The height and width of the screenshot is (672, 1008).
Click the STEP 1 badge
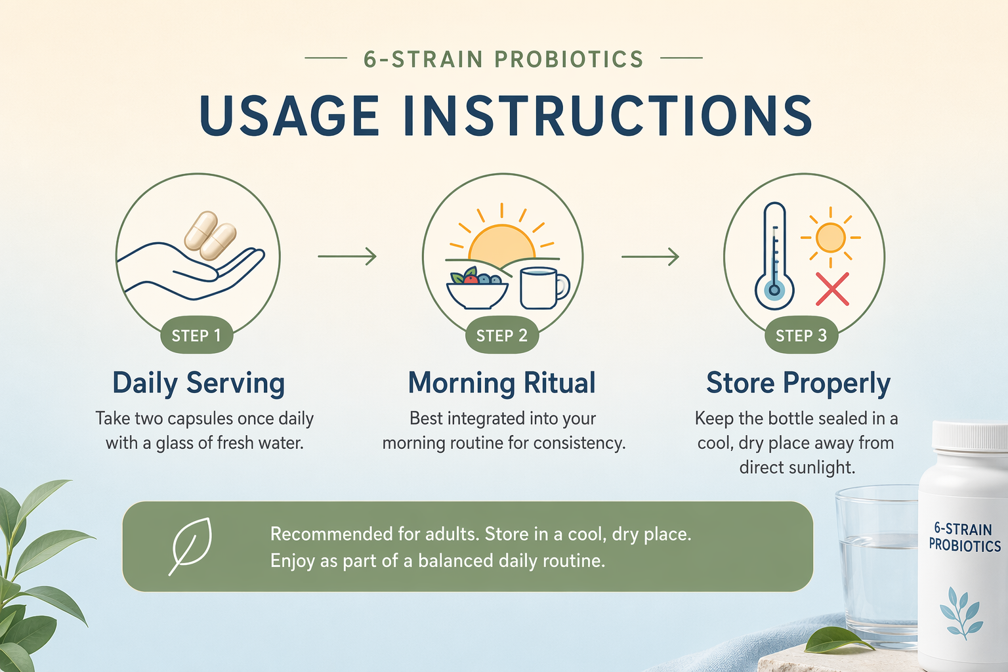click(197, 335)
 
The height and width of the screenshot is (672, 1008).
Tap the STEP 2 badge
click(502, 335)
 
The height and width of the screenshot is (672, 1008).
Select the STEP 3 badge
click(801, 335)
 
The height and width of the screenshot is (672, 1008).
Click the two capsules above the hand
click(210, 236)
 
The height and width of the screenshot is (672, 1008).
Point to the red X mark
click(833, 289)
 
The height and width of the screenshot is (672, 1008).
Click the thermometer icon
click(774, 256)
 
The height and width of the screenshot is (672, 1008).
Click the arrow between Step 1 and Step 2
click(347, 256)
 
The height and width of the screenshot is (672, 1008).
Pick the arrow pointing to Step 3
click(650, 257)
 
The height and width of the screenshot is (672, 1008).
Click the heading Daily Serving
click(198, 383)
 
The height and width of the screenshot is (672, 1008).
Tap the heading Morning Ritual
click(502, 383)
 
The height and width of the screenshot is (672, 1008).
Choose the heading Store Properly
click(798, 383)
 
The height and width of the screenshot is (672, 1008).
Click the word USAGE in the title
click(289, 115)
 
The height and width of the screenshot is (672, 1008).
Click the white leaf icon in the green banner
click(190, 546)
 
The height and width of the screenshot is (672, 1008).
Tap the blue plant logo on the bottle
click(961, 612)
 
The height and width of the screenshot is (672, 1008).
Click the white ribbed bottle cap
click(970, 436)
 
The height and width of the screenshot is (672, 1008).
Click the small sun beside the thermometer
click(830, 238)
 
